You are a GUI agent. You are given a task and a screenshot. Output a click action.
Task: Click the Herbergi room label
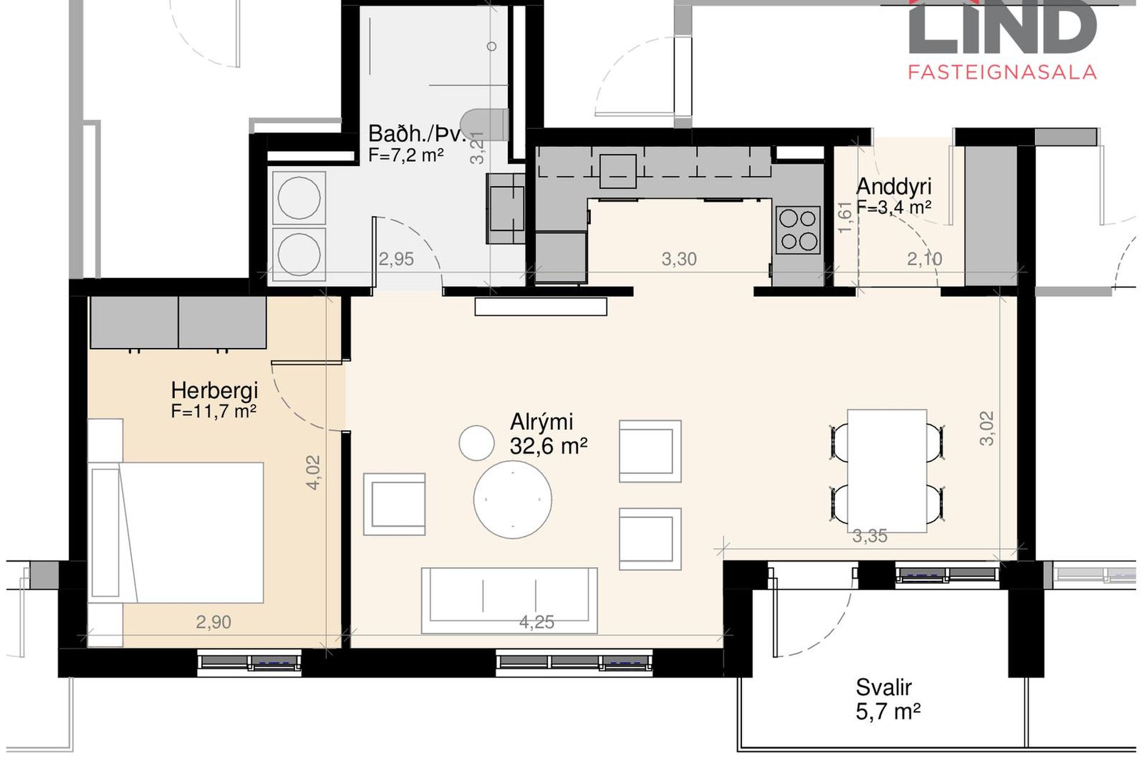214,390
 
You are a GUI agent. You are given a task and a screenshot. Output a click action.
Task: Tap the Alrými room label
541,422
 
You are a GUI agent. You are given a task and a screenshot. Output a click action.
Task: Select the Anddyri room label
894,186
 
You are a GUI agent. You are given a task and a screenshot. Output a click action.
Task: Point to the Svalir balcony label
883,688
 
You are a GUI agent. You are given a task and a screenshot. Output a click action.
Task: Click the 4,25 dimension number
537,623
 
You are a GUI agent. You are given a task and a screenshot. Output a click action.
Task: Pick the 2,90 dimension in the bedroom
213,622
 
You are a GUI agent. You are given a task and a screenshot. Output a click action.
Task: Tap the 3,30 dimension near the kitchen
679,259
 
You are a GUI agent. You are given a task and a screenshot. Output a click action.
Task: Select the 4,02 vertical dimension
313,473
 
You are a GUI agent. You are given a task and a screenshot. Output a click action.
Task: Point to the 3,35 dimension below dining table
870,536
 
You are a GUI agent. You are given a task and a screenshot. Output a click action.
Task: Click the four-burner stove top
799,230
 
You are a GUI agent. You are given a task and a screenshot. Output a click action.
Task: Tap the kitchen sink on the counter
618,171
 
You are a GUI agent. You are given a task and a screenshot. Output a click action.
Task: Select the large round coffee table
513,500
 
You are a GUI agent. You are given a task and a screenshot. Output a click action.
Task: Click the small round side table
476,442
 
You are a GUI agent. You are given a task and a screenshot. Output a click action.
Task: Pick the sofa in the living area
509,600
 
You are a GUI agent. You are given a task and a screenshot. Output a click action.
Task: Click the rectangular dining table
887,470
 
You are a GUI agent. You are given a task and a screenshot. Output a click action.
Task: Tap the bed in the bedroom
176,532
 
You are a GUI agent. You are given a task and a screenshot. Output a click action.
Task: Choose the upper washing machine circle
299,198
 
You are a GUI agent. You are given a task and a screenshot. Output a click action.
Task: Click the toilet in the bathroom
485,124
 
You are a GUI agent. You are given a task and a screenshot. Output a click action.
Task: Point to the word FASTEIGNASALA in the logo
1002,72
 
